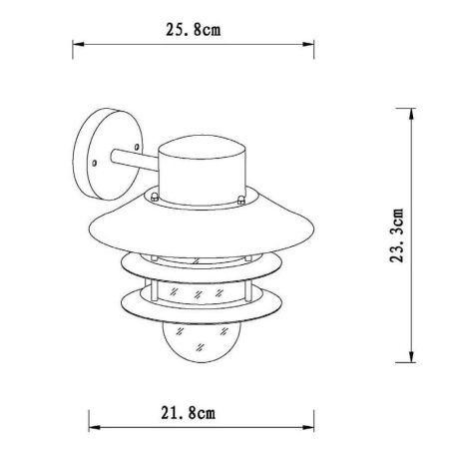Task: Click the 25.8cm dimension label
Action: [x=193, y=30]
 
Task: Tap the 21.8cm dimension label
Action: [x=189, y=413]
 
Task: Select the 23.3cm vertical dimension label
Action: [x=397, y=235]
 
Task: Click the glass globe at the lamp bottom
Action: [x=200, y=342]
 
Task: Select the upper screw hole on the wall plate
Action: [x=137, y=147]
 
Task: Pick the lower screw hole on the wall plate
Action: [x=95, y=164]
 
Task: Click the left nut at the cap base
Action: [x=154, y=197]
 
